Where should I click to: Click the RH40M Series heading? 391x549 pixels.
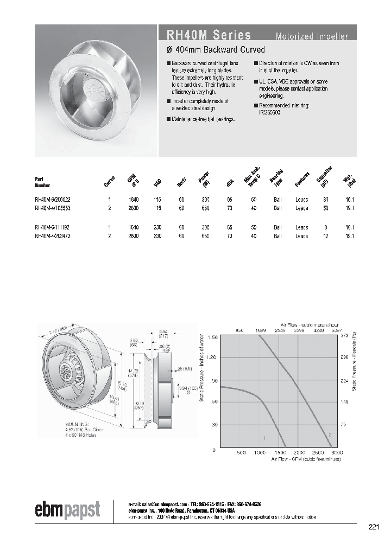(x=204, y=36)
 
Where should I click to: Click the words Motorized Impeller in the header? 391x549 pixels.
(x=312, y=37)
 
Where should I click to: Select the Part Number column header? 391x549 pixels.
(x=42, y=181)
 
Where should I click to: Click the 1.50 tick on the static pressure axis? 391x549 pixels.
(x=212, y=337)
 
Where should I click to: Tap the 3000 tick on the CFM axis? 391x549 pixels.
(x=337, y=452)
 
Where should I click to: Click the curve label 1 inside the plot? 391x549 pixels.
(x=264, y=437)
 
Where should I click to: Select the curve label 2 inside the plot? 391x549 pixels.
(x=330, y=435)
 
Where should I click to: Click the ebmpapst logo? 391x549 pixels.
(x=68, y=510)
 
